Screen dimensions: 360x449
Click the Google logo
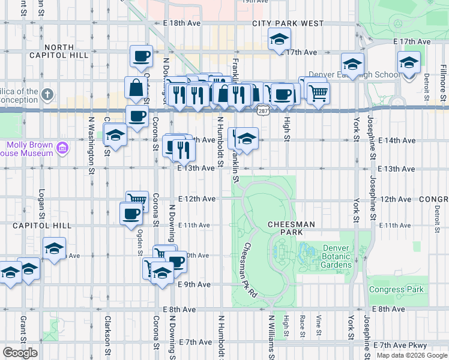point(20,353)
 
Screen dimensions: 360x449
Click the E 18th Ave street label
point(181,23)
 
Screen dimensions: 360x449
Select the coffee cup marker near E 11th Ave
point(131,213)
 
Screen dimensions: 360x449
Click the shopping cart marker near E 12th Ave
point(137,200)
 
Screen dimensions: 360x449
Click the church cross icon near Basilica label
point(48,95)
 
